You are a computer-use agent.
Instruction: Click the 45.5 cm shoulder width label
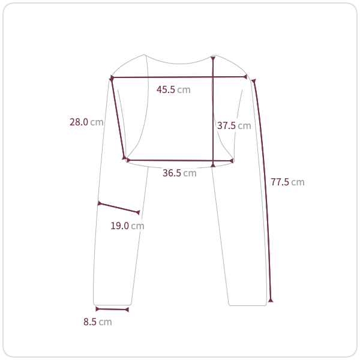coord(173,89)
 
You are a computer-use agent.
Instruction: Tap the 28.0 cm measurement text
coord(86,122)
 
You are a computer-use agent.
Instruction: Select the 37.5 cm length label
coord(234,125)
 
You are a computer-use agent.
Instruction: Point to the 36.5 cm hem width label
coord(179,173)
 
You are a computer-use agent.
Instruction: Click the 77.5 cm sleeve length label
coord(287,182)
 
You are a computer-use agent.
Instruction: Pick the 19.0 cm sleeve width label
coord(127,226)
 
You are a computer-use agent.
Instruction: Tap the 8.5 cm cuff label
coord(98,322)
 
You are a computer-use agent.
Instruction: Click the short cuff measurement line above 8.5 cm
coord(112,310)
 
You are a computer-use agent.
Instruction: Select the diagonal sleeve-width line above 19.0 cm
coord(119,208)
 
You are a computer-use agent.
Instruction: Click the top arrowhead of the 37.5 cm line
coord(213,59)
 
